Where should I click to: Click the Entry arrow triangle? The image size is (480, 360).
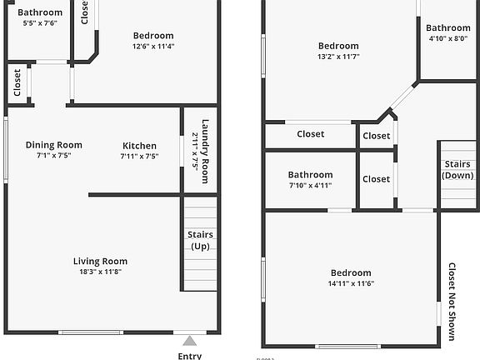pos(190,340)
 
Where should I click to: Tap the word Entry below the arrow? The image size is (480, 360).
pos(190,355)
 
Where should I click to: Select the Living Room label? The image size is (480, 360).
pos(100,261)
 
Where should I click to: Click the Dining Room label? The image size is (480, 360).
pos(53,144)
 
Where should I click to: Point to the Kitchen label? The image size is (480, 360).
pos(139,144)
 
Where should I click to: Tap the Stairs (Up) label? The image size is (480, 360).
pos(200,241)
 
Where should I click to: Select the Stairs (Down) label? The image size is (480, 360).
pos(459,170)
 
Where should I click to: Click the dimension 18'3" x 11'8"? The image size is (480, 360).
pos(100,272)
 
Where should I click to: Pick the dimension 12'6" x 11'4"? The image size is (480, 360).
pos(153,47)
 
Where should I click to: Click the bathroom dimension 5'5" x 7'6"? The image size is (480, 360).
pos(40,23)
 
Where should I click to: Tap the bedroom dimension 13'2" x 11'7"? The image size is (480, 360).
pos(338,57)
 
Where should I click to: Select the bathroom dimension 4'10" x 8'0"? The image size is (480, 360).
pos(448,38)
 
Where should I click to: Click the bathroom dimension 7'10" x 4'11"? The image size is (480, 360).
pos(310,186)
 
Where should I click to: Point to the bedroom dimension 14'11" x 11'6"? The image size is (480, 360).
pos(350,284)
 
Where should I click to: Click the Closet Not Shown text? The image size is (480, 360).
pos(452,302)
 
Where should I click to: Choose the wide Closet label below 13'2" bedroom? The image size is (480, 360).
pos(311,134)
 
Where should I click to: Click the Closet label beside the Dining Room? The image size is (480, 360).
pos(17,82)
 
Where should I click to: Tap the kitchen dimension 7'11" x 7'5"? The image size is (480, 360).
pos(139,156)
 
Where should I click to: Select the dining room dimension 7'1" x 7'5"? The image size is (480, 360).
pos(53,156)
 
